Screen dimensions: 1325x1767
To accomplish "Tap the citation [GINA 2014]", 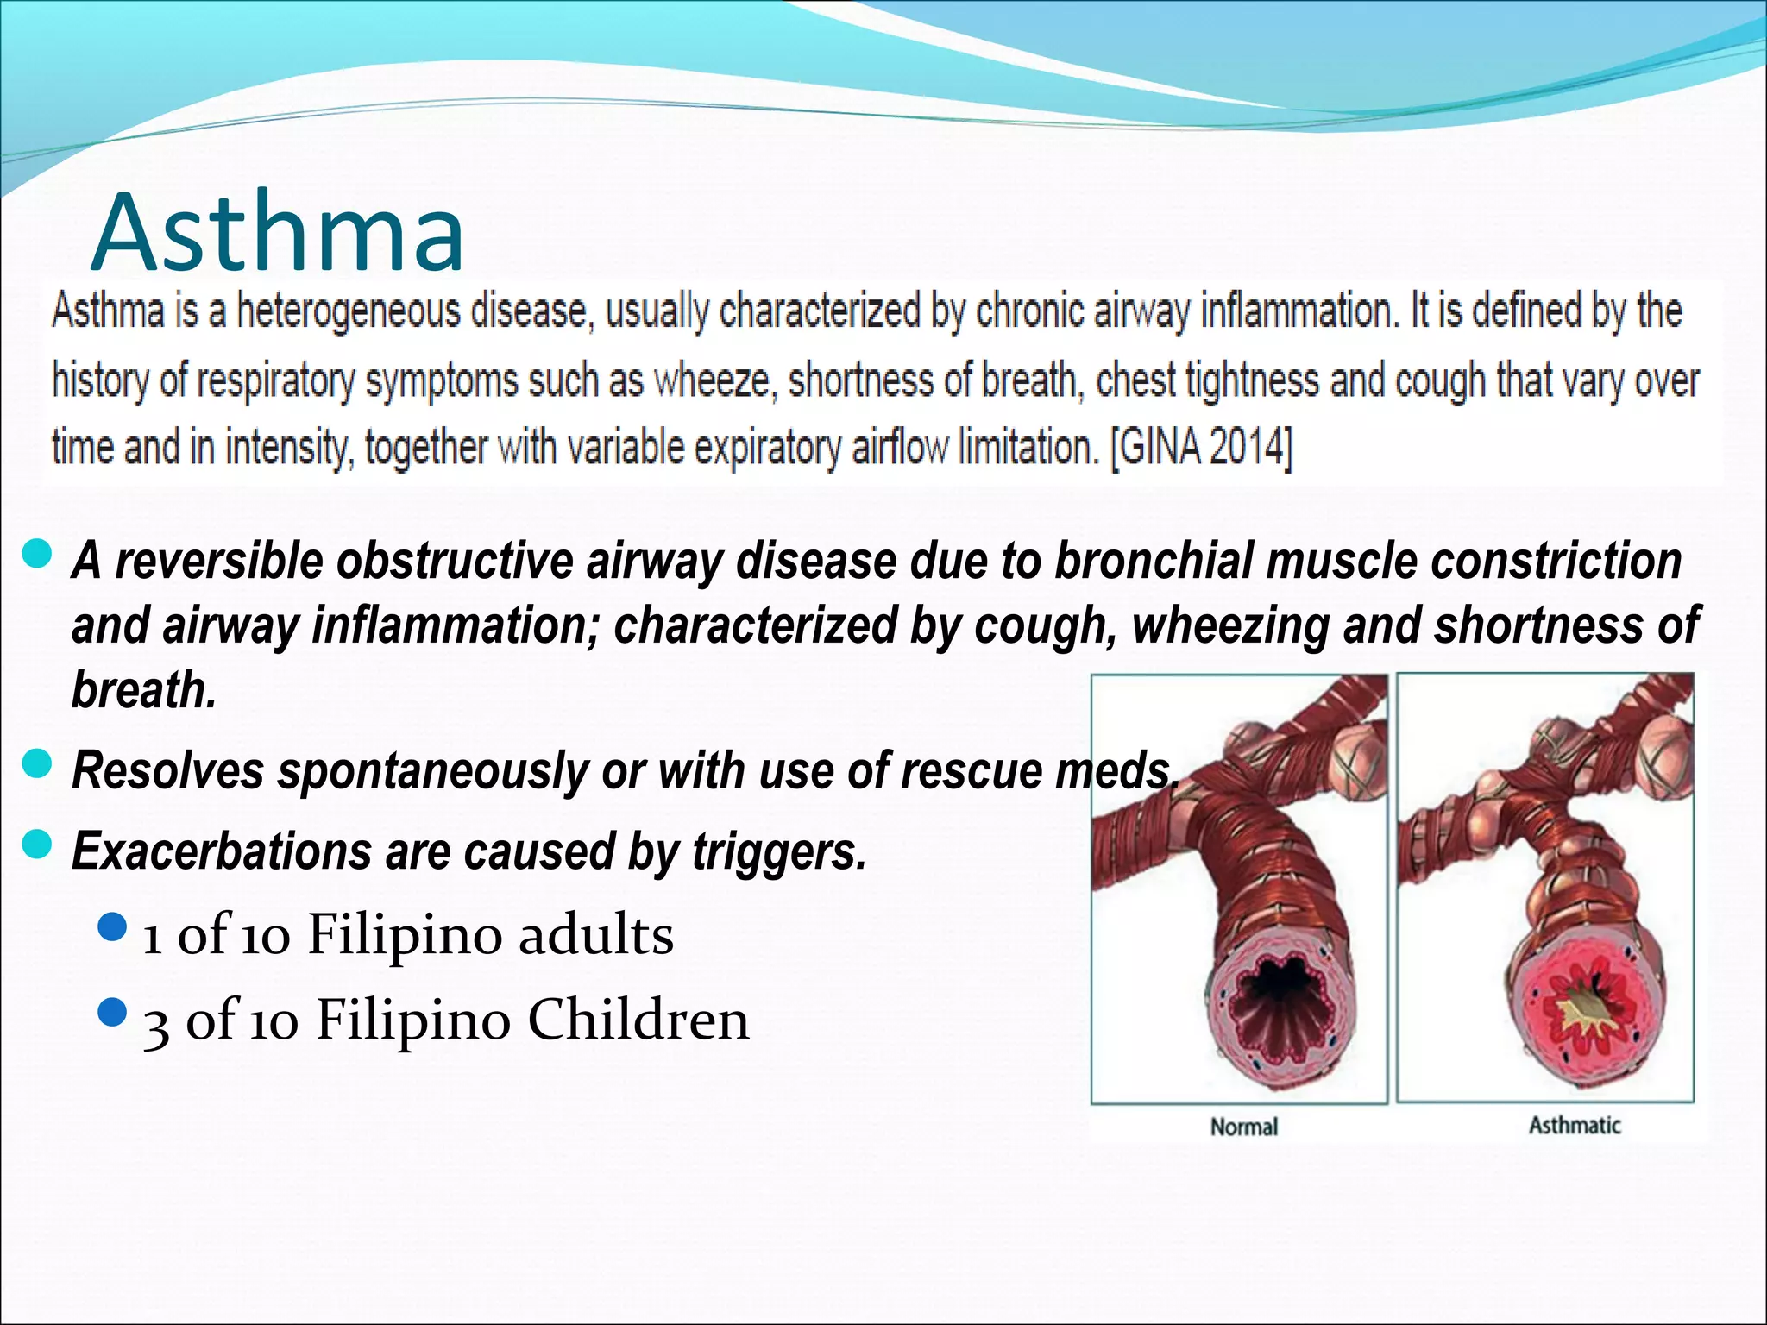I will [x=1201, y=447].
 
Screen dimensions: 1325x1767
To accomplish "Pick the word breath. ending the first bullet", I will [x=144, y=690].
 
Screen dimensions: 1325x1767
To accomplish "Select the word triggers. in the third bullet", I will [x=778, y=851].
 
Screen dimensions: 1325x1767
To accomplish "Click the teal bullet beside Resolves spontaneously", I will [x=37, y=764].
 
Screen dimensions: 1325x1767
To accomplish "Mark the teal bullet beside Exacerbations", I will [x=37, y=845].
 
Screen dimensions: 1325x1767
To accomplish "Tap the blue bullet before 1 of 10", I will [x=113, y=928].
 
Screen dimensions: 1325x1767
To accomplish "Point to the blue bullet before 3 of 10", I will [x=113, y=1013].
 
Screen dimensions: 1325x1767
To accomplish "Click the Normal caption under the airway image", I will [x=1243, y=1127].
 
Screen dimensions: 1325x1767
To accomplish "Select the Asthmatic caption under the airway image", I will [x=1575, y=1125].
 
